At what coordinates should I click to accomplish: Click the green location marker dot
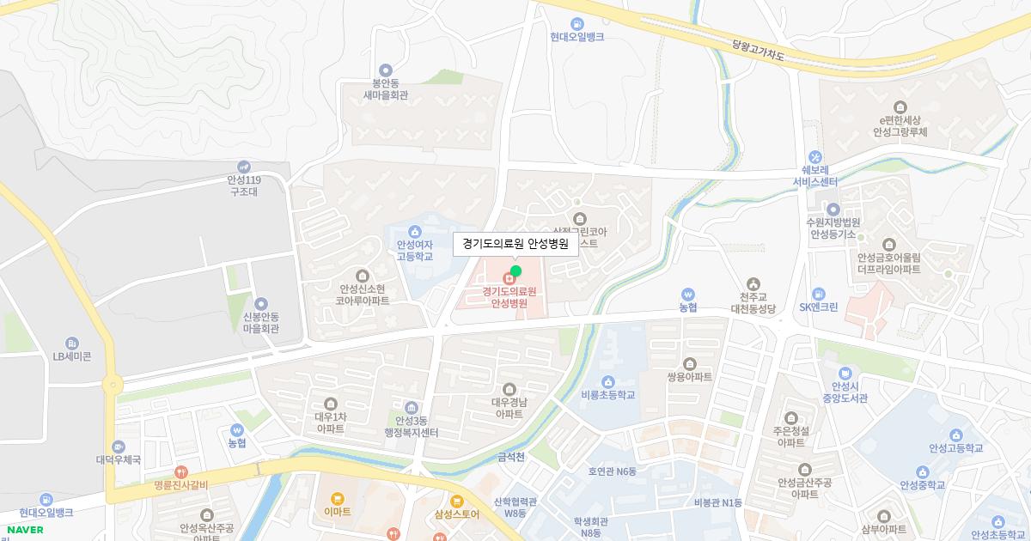coord(515,271)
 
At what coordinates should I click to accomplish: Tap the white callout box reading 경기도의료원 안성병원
coord(515,244)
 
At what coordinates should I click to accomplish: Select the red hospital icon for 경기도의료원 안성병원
coord(509,277)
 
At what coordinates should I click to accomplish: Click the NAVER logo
coord(25,529)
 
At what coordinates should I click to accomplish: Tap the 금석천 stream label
coord(511,458)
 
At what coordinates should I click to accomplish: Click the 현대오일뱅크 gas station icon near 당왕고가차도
coord(577,23)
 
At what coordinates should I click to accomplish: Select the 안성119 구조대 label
coord(244,185)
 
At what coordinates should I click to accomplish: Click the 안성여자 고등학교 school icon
coord(415,230)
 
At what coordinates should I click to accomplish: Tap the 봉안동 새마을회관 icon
coord(385,70)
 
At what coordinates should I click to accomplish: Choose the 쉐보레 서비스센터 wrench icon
coord(815,157)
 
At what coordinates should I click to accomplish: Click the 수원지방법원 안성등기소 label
coord(833,228)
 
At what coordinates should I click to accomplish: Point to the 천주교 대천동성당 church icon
coord(753,283)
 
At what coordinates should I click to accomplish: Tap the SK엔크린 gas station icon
coord(818,293)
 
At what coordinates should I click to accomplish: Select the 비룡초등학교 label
coord(607,395)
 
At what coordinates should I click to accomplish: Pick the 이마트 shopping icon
coord(338,498)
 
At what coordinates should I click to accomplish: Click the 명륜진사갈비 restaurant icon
coord(181,471)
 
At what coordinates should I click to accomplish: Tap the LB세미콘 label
coord(72,356)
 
